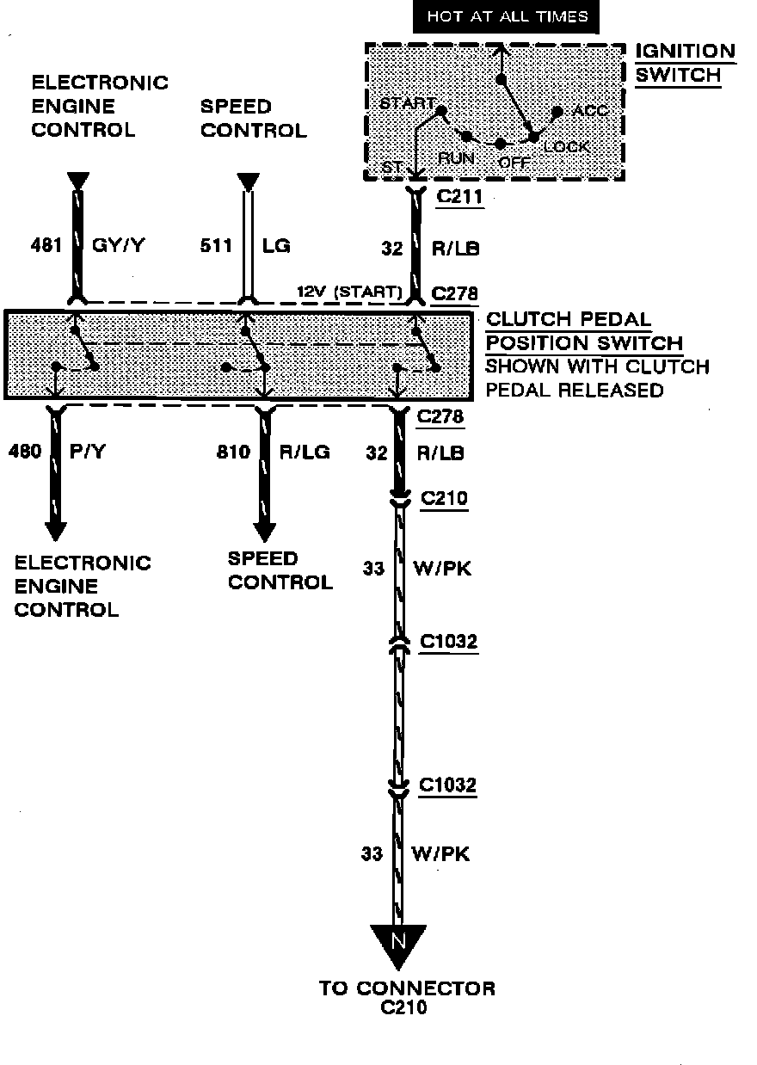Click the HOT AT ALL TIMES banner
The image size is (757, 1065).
[x=507, y=17]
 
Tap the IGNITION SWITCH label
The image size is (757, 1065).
[x=685, y=63]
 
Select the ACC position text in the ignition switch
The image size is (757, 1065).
[x=590, y=112]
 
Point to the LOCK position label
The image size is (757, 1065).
[x=567, y=147]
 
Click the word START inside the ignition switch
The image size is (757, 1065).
[x=407, y=104]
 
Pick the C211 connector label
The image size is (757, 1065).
[x=459, y=197]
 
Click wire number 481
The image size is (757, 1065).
[x=46, y=246]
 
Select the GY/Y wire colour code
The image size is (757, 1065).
[x=118, y=246]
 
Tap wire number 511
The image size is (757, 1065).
[x=217, y=246]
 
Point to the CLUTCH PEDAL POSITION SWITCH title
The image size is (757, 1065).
[x=585, y=331]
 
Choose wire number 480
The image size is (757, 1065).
[x=25, y=451]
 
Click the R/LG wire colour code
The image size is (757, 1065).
[x=305, y=451]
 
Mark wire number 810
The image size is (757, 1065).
[x=233, y=451]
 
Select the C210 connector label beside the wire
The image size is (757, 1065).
[x=444, y=500]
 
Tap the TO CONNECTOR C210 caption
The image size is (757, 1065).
[x=407, y=997]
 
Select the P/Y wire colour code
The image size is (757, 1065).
[x=87, y=451]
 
